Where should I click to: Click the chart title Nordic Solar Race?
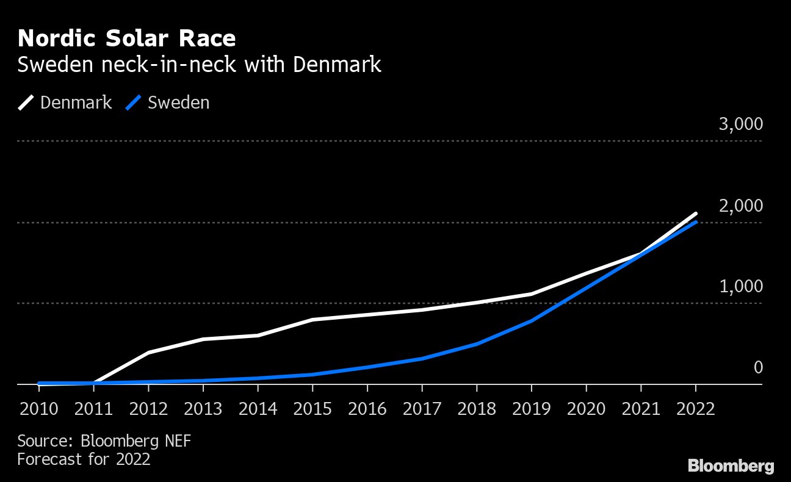coord(126,39)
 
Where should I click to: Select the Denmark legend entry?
coord(65,103)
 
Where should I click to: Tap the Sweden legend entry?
coord(168,103)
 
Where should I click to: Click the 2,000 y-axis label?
coord(741,206)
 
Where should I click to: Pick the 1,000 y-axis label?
coord(741,287)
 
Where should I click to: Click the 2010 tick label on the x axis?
coord(39,408)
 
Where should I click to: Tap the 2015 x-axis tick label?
coord(312,408)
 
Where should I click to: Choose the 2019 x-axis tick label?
coord(531,408)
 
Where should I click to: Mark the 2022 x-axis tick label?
coord(695,408)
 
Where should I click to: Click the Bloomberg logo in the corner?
coord(731,467)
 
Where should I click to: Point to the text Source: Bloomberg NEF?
coord(104,441)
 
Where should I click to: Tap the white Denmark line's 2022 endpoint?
coord(695,214)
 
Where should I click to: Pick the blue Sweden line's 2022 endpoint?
coord(695,222)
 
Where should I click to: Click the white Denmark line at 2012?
coord(148,353)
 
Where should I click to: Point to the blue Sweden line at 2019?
coord(531,321)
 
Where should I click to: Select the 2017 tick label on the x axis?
coord(422,408)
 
